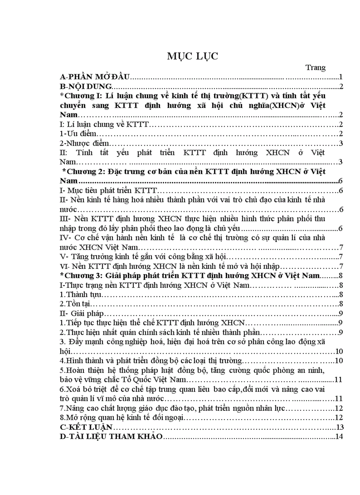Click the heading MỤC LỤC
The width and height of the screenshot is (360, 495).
coord(192,56)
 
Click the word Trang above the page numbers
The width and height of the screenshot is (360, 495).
coord(315,67)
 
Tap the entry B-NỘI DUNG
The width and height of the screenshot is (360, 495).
coord(86,86)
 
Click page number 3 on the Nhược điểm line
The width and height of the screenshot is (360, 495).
coord(341,143)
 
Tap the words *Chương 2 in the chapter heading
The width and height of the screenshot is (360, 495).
coord(82,171)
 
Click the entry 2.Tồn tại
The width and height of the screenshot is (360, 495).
coord(75,304)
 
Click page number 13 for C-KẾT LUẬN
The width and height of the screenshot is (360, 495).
coord(339,427)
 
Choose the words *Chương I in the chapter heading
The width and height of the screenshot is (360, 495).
coord(82,96)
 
